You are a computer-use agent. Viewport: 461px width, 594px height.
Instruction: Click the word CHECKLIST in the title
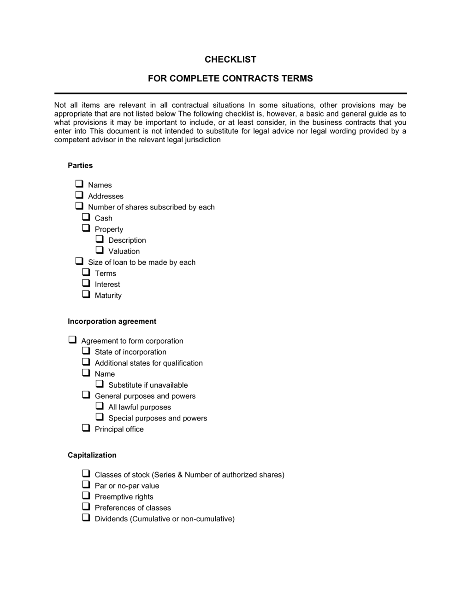click(x=230, y=59)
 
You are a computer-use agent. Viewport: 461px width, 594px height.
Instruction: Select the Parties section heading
click(x=80, y=165)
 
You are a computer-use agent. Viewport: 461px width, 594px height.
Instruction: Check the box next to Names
click(x=79, y=184)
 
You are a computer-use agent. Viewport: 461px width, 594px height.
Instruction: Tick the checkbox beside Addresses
click(x=79, y=195)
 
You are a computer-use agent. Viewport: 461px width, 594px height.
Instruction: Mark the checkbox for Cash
click(x=86, y=217)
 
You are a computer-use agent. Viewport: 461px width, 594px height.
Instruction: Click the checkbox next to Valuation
click(x=100, y=250)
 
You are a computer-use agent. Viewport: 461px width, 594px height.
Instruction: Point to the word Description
click(x=127, y=240)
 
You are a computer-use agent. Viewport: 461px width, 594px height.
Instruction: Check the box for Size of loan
click(x=79, y=261)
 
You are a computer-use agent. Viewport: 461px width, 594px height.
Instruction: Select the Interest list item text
click(x=107, y=285)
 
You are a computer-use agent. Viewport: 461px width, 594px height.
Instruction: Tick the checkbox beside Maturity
click(x=86, y=294)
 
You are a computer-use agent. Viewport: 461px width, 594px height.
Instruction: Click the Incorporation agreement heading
click(x=112, y=321)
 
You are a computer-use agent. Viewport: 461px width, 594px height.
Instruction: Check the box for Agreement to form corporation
click(x=72, y=340)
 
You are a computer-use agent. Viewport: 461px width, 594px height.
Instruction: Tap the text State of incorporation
click(x=130, y=352)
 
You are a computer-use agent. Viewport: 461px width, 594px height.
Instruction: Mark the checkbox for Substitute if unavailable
click(x=100, y=384)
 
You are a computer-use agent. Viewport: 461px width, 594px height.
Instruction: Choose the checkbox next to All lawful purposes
click(x=100, y=406)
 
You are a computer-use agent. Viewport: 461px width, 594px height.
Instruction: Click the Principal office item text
click(x=119, y=429)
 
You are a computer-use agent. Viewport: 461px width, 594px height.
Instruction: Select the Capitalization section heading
click(x=92, y=455)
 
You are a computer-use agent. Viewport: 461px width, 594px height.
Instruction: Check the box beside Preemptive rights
click(x=86, y=495)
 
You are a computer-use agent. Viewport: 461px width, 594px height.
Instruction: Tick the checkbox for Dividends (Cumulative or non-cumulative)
click(x=86, y=518)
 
